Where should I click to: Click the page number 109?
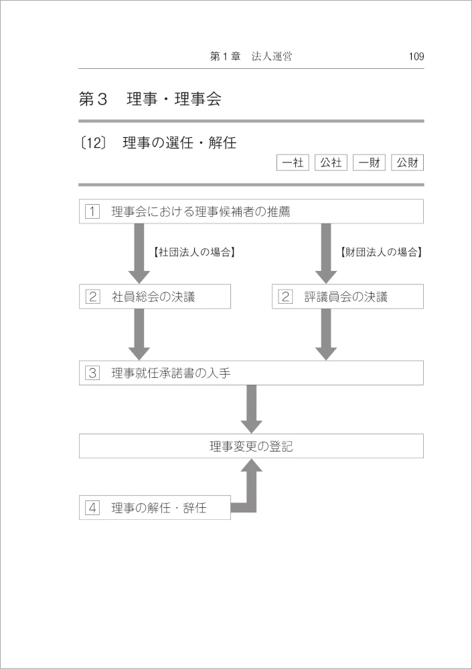pyautogui.click(x=416, y=56)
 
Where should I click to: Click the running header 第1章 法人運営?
pyautogui.click(x=251, y=56)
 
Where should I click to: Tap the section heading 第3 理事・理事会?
pyautogui.click(x=150, y=100)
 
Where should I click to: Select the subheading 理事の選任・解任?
pyautogui.click(x=179, y=142)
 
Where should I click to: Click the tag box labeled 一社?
pyautogui.click(x=293, y=163)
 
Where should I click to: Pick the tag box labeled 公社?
pyautogui.click(x=331, y=163)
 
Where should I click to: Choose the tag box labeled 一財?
pyautogui.click(x=369, y=163)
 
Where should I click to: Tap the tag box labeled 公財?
pyautogui.click(x=408, y=163)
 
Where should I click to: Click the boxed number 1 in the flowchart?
pyautogui.click(x=92, y=211)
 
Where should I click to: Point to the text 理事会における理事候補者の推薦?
pyautogui.click(x=201, y=211)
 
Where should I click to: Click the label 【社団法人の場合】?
pyautogui.click(x=194, y=252)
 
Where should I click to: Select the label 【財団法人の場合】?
pyautogui.click(x=382, y=252)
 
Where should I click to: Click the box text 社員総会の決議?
pyautogui.click(x=153, y=296)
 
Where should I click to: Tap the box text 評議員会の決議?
pyautogui.click(x=346, y=296)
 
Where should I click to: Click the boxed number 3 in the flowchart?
pyautogui.click(x=92, y=373)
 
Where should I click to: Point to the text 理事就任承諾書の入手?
pyautogui.click(x=171, y=373)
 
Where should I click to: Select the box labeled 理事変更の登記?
pyautogui.click(x=251, y=446)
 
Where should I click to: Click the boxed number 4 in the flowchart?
pyautogui.click(x=92, y=508)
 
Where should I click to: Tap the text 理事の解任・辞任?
pyautogui.click(x=159, y=508)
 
